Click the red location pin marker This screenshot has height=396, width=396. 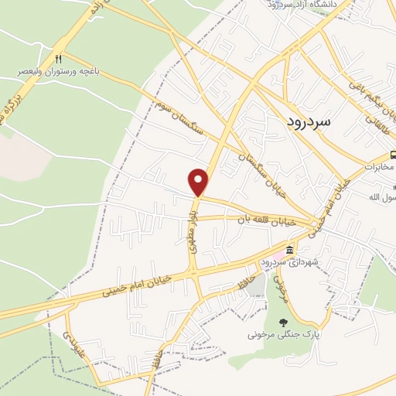click(x=199, y=182)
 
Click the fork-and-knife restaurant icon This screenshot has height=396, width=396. click(x=59, y=59)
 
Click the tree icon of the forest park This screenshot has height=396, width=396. click(x=283, y=323)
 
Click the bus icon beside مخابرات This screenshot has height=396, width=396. click(x=393, y=155)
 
